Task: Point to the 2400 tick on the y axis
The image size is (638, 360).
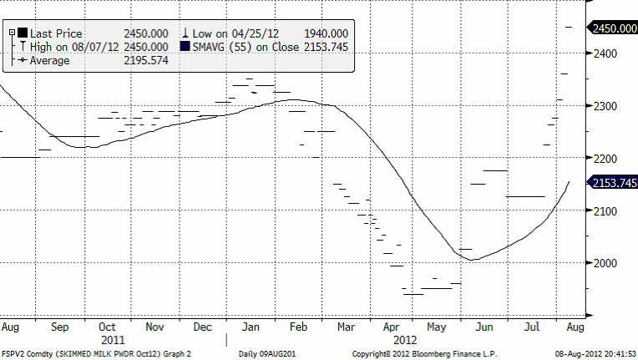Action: point(605,53)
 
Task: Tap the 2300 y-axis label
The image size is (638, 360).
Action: point(605,106)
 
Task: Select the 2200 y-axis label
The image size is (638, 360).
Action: point(605,159)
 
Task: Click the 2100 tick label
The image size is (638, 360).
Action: point(605,210)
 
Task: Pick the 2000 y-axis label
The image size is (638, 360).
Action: point(605,263)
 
